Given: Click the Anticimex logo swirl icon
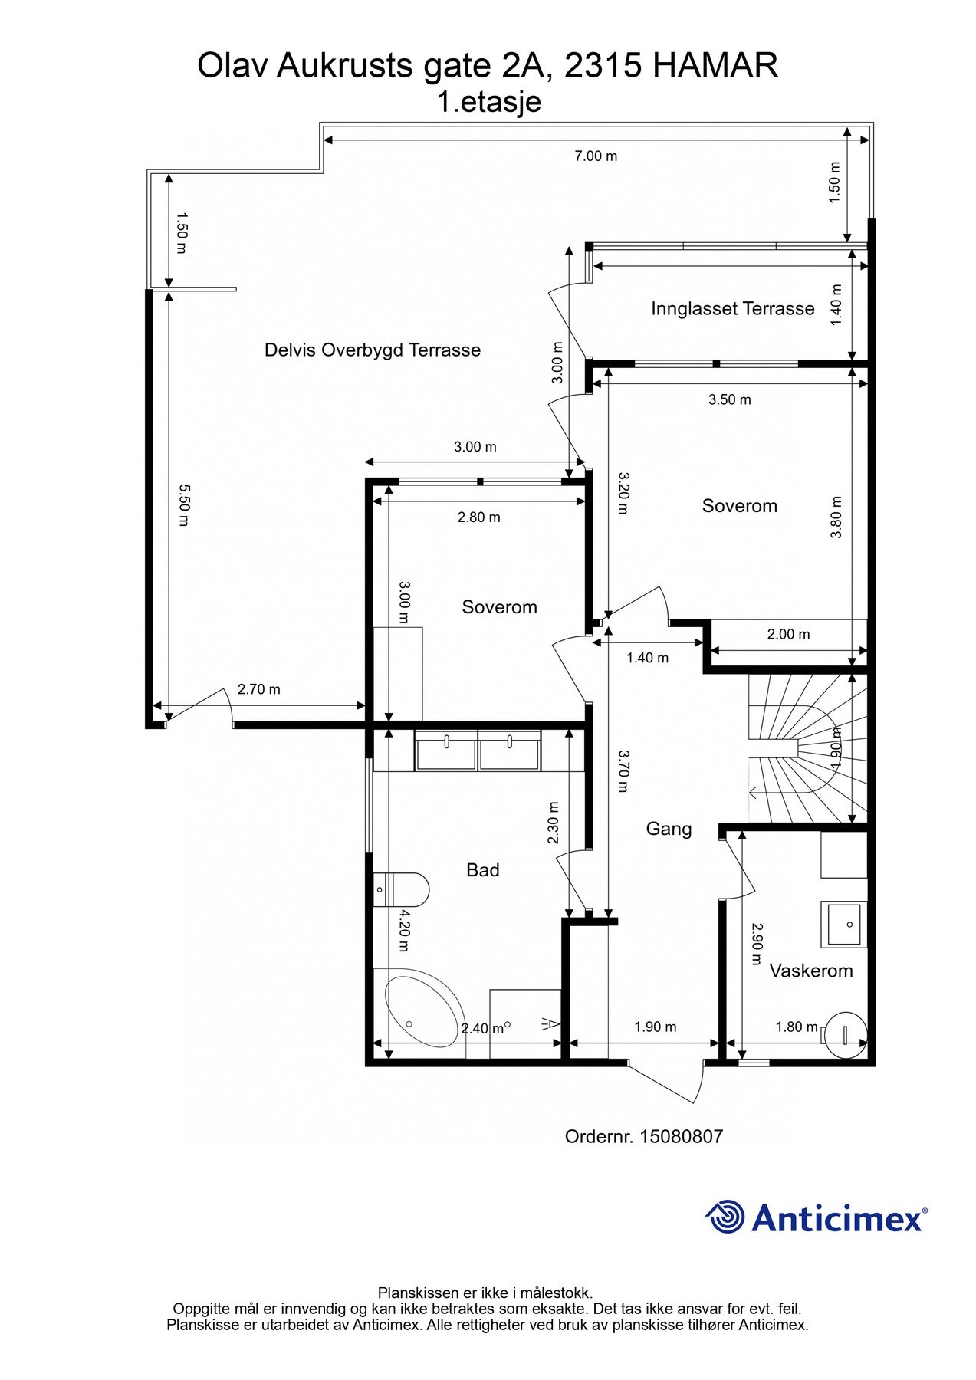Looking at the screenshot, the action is pyautogui.click(x=725, y=1217).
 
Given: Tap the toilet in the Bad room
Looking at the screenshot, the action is pyautogui.click(x=401, y=889).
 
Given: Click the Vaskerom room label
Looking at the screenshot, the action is pyautogui.click(x=811, y=971).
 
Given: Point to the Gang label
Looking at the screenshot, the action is pyautogui.click(x=669, y=829).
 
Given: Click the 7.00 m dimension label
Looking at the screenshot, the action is pyautogui.click(x=596, y=156).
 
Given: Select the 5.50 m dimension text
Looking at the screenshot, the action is pyautogui.click(x=182, y=504).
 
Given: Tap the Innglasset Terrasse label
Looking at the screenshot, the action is pyautogui.click(x=733, y=309).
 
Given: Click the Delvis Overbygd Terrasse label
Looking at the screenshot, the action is pyautogui.click(x=373, y=350).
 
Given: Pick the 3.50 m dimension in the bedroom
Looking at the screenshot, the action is pyautogui.click(x=730, y=399).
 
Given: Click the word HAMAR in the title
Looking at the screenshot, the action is pyautogui.click(x=715, y=66).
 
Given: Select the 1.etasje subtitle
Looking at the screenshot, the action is pyautogui.click(x=488, y=102).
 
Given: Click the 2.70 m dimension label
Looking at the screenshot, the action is pyautogui.click(x=259, y=689).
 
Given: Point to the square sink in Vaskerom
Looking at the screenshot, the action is pyautogui.click(x=844, y=924).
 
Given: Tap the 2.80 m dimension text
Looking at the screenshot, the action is pyautogui.click(x=479, y=517).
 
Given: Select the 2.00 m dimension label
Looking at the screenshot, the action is pyautogui.click(x=789, y=634).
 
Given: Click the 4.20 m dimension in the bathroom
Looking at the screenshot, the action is pyautogui.click(x=404, y=931).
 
